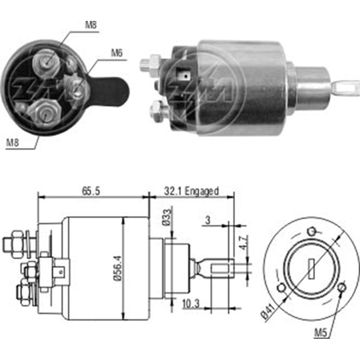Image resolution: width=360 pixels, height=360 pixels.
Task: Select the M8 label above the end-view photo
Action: point(90,25)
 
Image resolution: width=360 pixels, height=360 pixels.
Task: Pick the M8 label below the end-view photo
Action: point(13,143)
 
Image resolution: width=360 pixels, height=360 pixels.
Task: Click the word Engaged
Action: point(202,191)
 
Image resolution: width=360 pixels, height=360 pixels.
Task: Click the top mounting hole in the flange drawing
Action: point(312,231)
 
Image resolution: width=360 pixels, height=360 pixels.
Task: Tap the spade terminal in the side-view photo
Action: point(184,76)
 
